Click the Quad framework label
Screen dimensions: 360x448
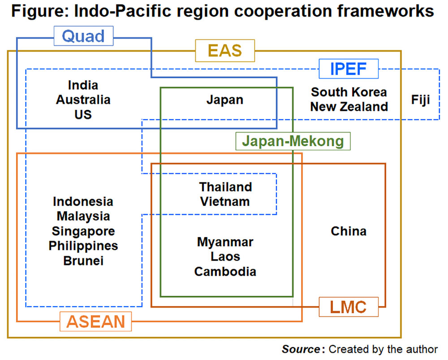click(83, 36)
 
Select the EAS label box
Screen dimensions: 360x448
click(225, 50)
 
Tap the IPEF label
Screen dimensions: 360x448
click(349, 69)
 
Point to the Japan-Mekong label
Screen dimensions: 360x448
click(293, 142)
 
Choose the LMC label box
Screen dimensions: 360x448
click(349, 307)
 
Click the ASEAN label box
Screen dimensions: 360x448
click(96, 321)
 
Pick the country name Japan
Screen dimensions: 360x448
click(225, 100)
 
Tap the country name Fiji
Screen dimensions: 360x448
click(421, 100)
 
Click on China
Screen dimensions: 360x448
click(349, 231)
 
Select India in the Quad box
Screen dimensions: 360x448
click(83, 85)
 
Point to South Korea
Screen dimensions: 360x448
click(349, 92)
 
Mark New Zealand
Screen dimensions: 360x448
click(349, 107)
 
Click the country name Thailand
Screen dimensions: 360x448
click(226, 187)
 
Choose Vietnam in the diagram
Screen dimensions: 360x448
click(225, 201)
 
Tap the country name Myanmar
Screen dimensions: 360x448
click(225, 243)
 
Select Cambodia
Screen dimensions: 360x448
click(225, 272)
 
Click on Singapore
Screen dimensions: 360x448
click(83, 231)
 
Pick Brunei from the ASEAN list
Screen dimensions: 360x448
click(83, 260)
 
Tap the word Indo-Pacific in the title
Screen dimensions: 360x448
click(112, 11)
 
